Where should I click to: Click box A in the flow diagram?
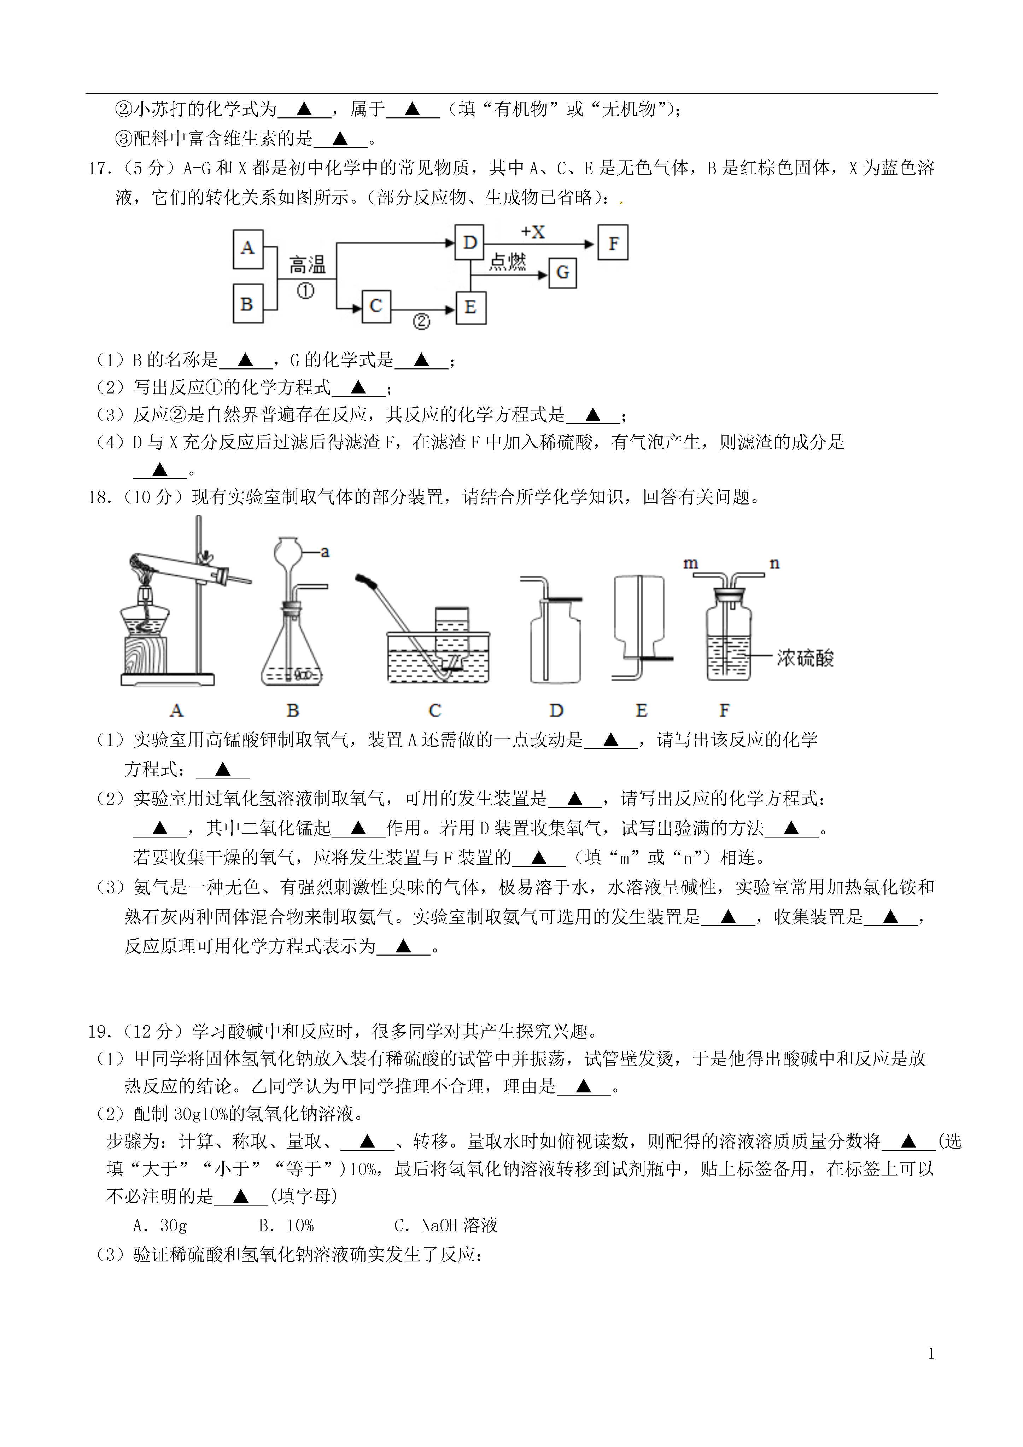[248, 249]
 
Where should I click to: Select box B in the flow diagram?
[248, 304]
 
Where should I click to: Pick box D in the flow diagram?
[469, 242]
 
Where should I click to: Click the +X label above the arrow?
[533, 232]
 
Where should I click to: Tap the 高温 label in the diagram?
[308, 265]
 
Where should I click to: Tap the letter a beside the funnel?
[325, 552]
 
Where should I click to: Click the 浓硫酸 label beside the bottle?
[805, 658]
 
